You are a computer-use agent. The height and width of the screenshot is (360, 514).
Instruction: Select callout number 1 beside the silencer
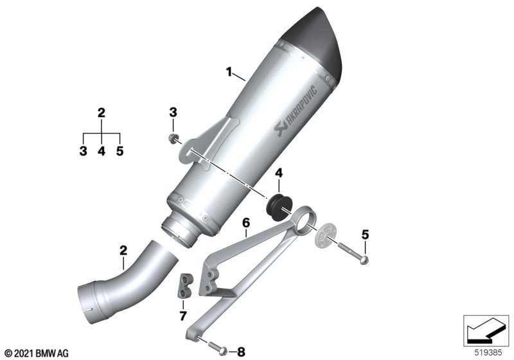pyautogui.click(x=229, y=71)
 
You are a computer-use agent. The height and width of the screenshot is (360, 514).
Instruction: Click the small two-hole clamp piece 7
pyautogui.click(x=185, y=286)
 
